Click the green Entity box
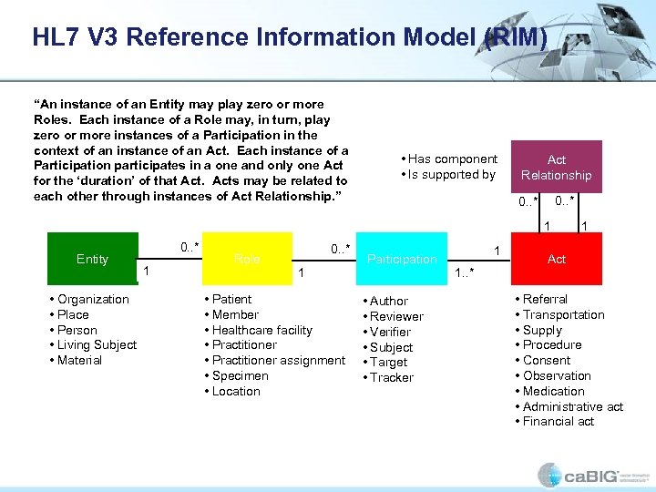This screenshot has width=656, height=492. tap(92, 259)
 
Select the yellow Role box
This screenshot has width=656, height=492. tap(248, 259)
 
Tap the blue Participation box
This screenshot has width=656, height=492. tap(402, 259)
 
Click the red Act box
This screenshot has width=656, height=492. tap(556, 259)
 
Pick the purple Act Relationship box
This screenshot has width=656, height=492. tap(556, 167)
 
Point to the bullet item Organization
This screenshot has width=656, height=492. tap(92, 300)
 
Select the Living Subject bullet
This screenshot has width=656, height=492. tap(97, 345)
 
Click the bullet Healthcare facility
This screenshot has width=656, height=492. tap(261, 330)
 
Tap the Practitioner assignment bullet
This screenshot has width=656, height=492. tap(278, 361)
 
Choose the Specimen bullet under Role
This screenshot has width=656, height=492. tap(240, 376)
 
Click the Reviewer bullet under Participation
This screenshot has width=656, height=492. tap(396, 316)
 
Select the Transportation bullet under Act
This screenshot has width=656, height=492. tap(563, 315)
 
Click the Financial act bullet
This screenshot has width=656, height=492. tap(558, 422)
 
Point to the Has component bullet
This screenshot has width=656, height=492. tap(452, 159)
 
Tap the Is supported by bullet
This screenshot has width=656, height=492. tap(451, 175)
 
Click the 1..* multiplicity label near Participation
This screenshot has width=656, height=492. tap(465, 272)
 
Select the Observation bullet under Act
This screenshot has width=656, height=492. tap(557, 376)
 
